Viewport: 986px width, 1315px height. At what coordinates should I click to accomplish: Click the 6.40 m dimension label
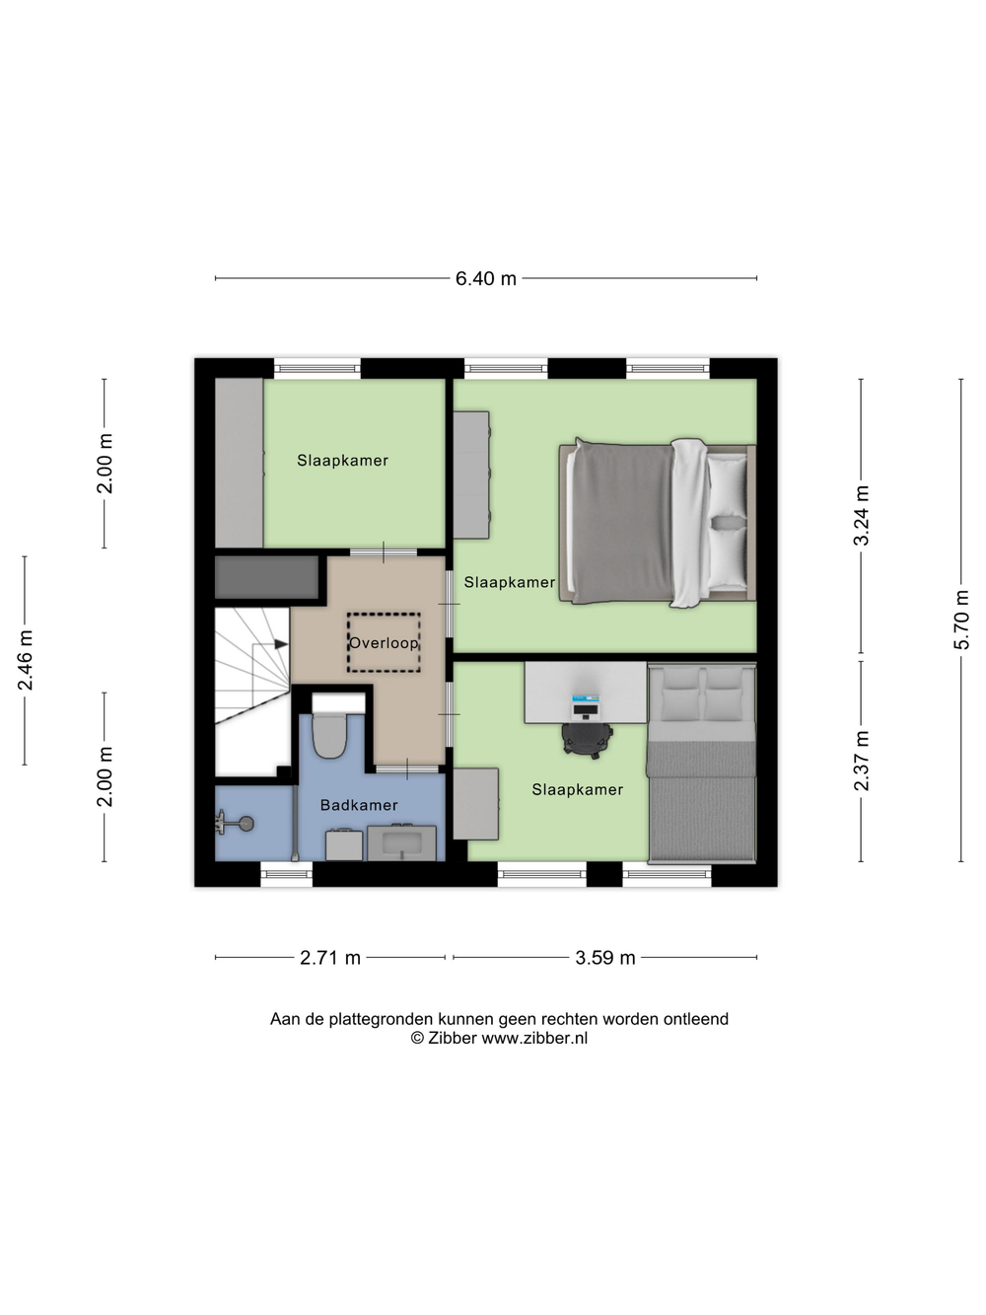[x=485, y=278]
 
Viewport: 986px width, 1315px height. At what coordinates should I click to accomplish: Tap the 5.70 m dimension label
[x=961, y=620]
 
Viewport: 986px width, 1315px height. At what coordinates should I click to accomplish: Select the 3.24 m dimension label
[x=861, y=515]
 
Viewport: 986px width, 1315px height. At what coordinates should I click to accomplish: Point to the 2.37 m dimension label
[x=861, y=761]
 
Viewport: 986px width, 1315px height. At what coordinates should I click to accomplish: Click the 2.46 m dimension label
[x=26, y=660]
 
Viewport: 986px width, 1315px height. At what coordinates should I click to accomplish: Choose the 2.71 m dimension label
[x=330, y=958]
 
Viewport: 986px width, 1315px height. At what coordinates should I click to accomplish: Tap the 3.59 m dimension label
[x=604, y=958]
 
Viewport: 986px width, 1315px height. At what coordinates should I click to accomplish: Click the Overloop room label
[x=384, y=643]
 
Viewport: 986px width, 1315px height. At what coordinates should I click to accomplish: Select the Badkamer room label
[x=359, y=805]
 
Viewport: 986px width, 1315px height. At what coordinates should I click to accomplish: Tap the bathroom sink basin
[x=401, y=842]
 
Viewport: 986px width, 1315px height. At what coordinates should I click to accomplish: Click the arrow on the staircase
[x=280, y=644]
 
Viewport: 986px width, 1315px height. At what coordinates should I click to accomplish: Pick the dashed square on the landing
[x=384, y=642]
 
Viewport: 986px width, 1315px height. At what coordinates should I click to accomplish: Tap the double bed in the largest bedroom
[x=657, y=523]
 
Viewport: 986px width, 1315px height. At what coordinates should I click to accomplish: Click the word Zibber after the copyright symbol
[x=452, y=1038]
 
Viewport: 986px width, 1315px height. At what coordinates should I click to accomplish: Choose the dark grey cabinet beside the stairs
[x=267, y=577]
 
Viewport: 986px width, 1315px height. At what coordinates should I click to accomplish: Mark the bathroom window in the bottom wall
[x=286, y=874]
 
